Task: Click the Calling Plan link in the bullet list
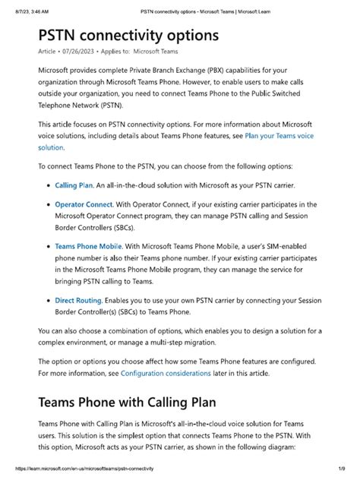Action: point(74,185)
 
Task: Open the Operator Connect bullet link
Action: point(84,204)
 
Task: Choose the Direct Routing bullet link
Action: point(79,300)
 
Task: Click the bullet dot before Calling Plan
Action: point(47,185)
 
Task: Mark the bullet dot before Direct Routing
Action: point(47,300)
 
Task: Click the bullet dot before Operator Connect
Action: point(47,204)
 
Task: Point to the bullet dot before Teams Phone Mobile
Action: point(47,246)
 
